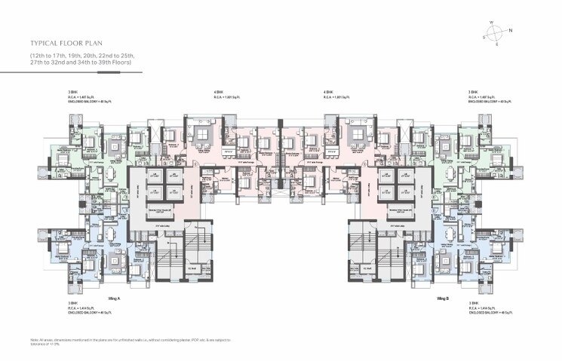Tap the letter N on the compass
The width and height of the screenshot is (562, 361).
510,30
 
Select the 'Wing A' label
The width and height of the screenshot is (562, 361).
115,298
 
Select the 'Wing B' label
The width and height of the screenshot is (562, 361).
444,298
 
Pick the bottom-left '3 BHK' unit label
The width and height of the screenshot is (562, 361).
72,304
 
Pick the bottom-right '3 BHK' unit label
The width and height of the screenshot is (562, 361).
472,304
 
